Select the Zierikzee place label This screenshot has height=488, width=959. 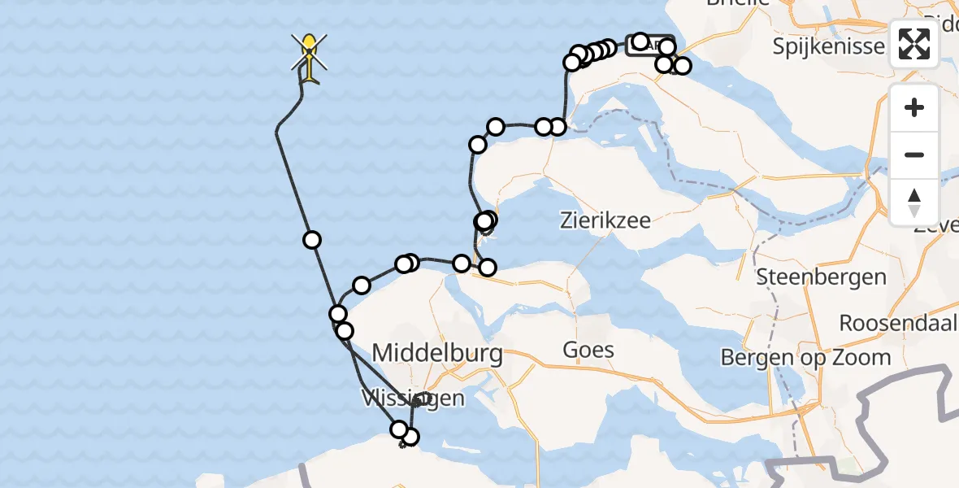click(606, 220)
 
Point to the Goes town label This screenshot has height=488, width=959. click(588, 351)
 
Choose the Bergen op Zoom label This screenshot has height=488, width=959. click(805, 357)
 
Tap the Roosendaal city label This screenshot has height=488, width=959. click(898, 322)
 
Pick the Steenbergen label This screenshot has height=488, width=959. click(821, 277)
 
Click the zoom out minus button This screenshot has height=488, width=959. click(914, 155)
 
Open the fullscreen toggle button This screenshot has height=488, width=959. click(914, 44)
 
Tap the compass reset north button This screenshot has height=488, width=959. click(914, 201)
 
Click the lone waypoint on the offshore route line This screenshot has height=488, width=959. click(311, 239)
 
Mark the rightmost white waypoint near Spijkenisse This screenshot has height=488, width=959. click(682, 66)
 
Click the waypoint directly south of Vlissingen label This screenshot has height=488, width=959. click(410, 437)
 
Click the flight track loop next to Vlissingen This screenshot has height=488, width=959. click(421, 399)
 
